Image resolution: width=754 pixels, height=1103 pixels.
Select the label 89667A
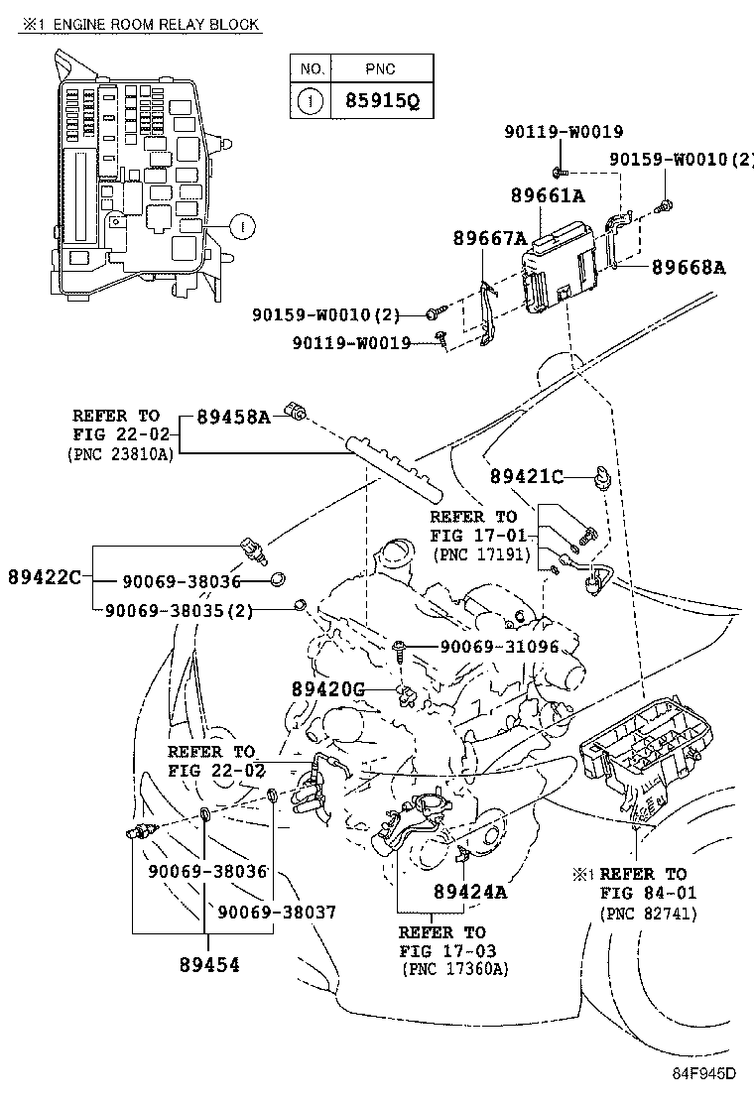point(489,238)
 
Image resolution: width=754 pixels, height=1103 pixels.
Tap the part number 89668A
point(690,267)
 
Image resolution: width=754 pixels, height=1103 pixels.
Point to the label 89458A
point(232,417)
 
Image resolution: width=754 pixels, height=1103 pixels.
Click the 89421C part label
point(526,477)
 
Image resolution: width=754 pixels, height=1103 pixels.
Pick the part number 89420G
point(328,688)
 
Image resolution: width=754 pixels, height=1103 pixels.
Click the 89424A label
point(470,891)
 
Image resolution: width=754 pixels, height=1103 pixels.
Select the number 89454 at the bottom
point(209,962)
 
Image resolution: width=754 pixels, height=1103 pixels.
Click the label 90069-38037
point(277,912)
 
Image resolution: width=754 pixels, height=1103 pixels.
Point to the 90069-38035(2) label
point(179,611)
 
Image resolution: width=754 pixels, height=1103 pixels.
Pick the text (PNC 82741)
point(648,913)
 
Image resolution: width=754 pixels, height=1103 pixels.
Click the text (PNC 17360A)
point(455,969)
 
